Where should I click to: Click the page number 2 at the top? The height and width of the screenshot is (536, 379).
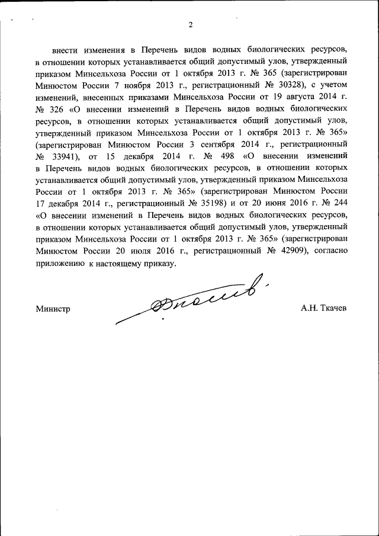click(x=190, y=25)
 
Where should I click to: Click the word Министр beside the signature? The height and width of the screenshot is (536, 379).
click(x=53, y=308)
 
